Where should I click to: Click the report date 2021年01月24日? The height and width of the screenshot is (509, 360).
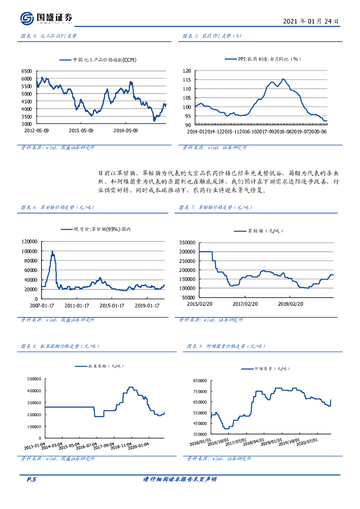click(311, 21)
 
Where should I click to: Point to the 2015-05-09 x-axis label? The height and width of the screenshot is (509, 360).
click(81, 130)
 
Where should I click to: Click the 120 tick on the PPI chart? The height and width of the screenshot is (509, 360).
click(187, 71)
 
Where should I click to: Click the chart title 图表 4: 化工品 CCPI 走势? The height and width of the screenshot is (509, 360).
click(48, 36)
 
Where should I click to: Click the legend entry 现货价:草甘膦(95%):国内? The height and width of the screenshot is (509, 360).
click(105, 229)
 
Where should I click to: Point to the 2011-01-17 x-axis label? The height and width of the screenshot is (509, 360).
click(77, 305)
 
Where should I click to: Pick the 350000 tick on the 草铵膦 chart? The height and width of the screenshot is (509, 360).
click(188, 242)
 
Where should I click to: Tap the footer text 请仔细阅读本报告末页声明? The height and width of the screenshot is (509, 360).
click(180, 479)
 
